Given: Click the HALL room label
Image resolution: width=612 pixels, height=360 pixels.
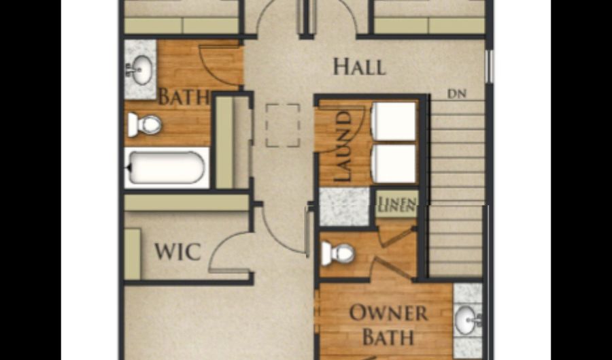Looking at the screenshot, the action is point(360,67).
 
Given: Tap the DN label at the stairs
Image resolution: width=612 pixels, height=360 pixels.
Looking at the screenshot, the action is point(456,94).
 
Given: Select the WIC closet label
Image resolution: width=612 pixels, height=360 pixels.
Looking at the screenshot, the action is point(178,251).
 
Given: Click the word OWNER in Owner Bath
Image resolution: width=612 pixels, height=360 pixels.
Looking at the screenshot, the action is point(388,313).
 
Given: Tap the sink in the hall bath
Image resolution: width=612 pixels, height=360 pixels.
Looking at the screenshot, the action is point(139,70).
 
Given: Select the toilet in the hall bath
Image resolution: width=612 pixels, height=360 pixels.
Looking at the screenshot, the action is point(144,125).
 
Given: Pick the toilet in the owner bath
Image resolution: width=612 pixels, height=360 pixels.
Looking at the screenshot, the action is point(337,253).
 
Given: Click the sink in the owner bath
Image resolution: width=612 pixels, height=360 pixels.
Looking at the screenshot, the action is point(468,320).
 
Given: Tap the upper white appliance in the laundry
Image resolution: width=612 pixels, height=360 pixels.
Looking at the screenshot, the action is point(394,121).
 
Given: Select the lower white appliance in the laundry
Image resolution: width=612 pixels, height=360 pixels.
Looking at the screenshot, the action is point(394,163).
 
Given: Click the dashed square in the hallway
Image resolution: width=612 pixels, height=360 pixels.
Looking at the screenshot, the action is point(283,125).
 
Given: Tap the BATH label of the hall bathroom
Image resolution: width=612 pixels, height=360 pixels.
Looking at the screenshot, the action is point(184,97).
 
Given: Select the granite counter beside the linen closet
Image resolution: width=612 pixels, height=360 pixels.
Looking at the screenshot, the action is point(344,207).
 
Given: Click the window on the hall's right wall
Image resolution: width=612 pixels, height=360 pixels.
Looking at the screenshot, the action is point(489,67).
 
